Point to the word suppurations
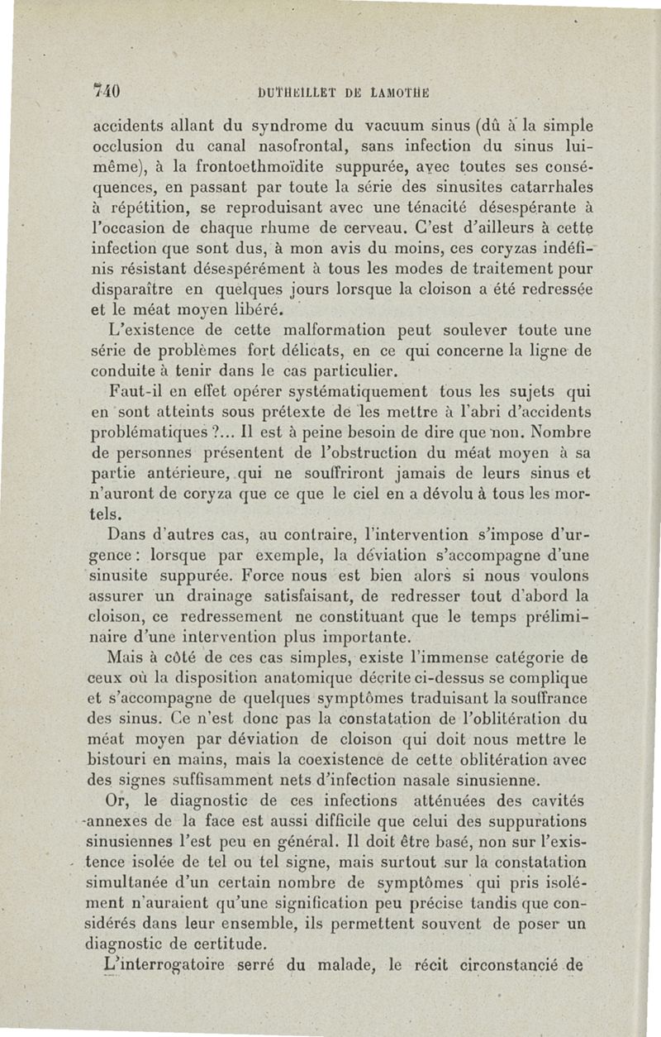[x=533, y=822]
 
